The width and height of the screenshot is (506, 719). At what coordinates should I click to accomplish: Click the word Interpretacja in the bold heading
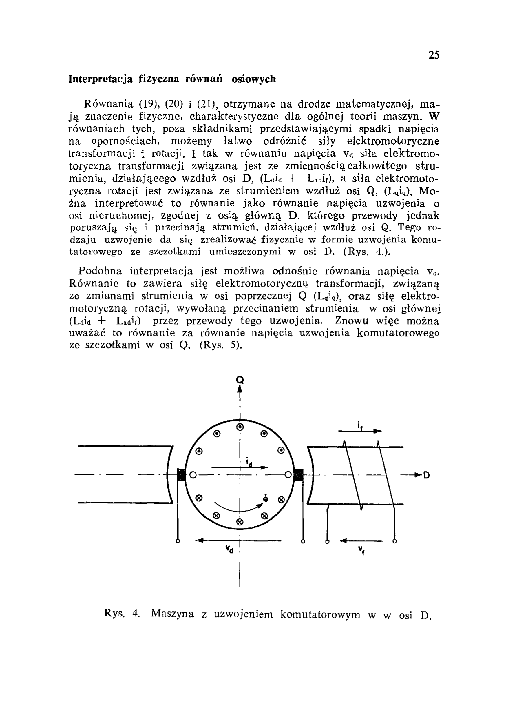pyautogui.click(x=101, y=79)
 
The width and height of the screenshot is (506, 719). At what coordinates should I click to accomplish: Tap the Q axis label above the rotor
pyautogui.click(x=240, y=380)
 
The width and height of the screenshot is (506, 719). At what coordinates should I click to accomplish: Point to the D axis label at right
pyautogui.click(x=426, y=475)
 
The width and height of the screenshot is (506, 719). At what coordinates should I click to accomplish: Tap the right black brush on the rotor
pyautogui.click(x=298, y=475)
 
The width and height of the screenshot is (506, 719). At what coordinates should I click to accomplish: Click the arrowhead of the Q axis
pyautogui.click(x=240, y=389)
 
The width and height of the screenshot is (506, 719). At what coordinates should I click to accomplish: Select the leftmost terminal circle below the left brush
pyautogui.click(x=178, y=541)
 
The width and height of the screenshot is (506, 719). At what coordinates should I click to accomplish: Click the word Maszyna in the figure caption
pyautogui.click(x=172, y=614)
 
